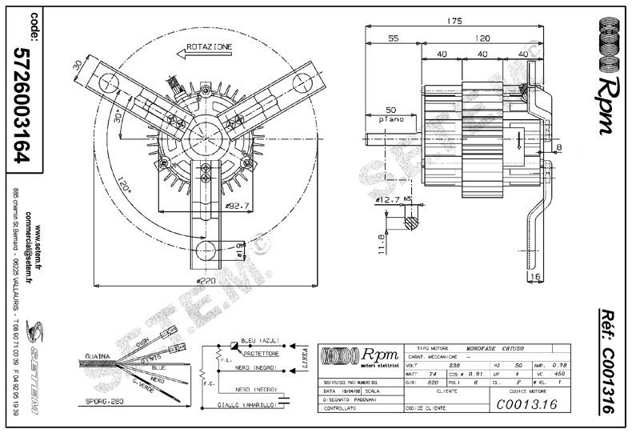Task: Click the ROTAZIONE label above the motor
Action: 209,47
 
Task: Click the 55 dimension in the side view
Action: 394,38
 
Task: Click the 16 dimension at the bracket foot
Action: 534,276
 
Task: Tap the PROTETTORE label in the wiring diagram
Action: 262,353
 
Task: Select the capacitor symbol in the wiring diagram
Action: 286,393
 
